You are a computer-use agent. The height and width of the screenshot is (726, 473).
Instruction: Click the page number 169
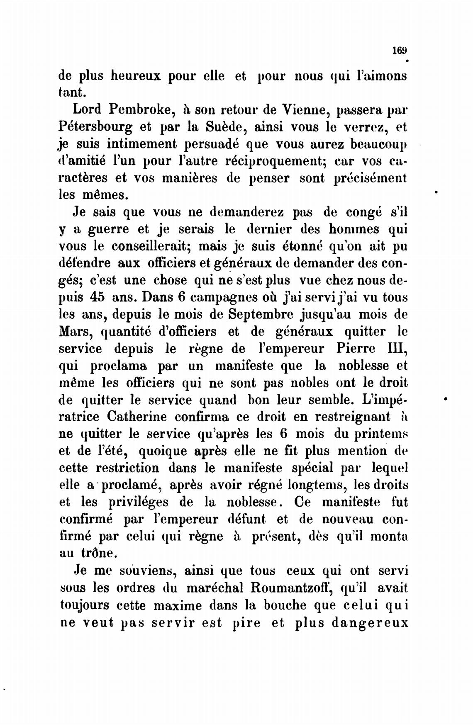point(400,50)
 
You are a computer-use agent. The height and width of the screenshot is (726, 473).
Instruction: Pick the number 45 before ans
point(98,297)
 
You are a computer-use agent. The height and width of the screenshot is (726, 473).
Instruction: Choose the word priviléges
point(139,503)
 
